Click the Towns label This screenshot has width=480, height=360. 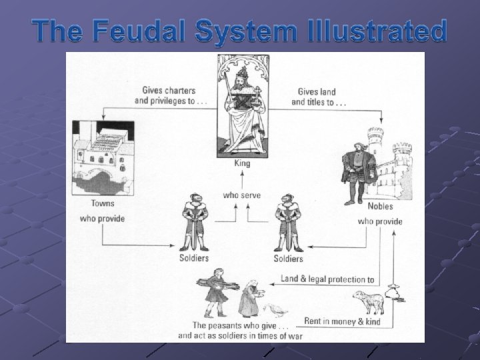point(102,203)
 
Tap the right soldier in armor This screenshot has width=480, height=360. point(287,220)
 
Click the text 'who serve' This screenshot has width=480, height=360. point(241,195)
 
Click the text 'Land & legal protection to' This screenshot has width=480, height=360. point(326,280)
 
